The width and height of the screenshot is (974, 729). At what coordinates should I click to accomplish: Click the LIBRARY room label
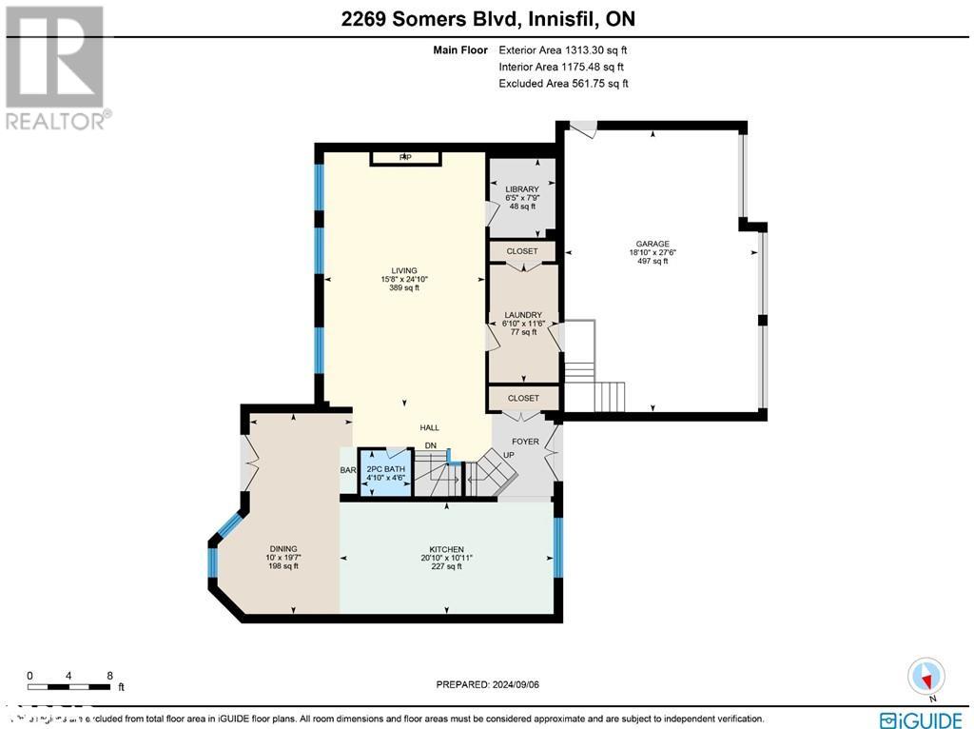(522, 189)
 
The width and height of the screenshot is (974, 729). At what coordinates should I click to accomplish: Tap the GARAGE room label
(653, 244)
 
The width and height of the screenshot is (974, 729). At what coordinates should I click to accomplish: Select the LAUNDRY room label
(523, 315)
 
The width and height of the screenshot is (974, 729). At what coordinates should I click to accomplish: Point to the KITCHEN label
(446, 550)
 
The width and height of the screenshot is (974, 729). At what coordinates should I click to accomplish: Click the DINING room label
(282, 549)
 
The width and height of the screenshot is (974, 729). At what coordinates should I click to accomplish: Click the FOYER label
(525, 442)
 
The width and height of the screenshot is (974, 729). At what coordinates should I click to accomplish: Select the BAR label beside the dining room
(347, 470)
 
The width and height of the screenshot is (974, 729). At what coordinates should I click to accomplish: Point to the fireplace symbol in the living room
(405, 157)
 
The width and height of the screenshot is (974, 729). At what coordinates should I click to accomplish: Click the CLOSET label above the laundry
(522, 251)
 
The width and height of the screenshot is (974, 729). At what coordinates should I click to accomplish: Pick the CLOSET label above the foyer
(523, 398)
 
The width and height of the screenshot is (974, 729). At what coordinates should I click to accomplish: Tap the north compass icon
(925, 676)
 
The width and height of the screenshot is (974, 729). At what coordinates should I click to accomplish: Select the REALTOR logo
(56, 67)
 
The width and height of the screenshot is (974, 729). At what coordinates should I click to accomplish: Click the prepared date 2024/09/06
(493, 684)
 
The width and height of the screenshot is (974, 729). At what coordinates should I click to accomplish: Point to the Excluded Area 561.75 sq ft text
(563, 84)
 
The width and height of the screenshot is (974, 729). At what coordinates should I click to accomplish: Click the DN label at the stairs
(430, 445)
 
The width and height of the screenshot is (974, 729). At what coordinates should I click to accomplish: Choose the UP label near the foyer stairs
(508, 455)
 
